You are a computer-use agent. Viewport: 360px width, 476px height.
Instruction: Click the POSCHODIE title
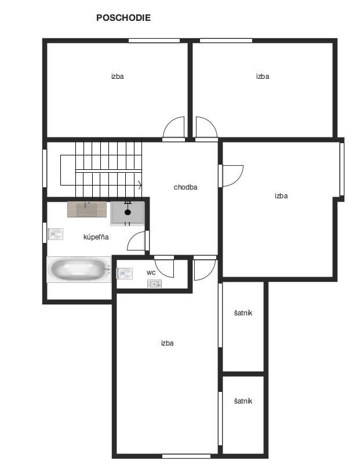[123, 17]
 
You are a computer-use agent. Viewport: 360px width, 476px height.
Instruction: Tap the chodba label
[186, 187]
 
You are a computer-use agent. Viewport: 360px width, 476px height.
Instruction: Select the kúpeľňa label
[96, 237]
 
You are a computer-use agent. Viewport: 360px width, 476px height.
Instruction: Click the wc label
[151, 272]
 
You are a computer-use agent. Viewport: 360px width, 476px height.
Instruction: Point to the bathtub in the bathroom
[79, 270]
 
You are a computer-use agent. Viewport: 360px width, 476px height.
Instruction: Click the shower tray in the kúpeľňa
[128, 213]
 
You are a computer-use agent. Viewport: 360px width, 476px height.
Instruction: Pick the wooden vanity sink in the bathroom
[87, 209]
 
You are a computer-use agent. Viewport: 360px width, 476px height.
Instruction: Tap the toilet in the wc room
[125, 274]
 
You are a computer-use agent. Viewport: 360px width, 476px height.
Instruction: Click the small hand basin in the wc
[154, 284]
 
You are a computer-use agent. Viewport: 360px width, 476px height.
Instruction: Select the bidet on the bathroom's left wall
[55, 234]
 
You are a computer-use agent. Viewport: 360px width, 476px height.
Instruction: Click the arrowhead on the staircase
[140, 184]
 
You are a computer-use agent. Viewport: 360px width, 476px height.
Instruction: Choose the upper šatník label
[243, 313]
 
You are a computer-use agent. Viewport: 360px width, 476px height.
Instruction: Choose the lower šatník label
[243, 401]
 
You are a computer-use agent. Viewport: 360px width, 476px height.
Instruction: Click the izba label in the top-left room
[118, 77]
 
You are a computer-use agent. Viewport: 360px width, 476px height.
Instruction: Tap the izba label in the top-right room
[263, 77]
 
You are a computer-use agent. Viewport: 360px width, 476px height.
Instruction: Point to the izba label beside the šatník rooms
[168, 343]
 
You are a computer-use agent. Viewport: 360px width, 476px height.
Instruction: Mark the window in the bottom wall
[186, 456]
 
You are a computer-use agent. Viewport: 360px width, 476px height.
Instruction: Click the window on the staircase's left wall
[45, 168]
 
